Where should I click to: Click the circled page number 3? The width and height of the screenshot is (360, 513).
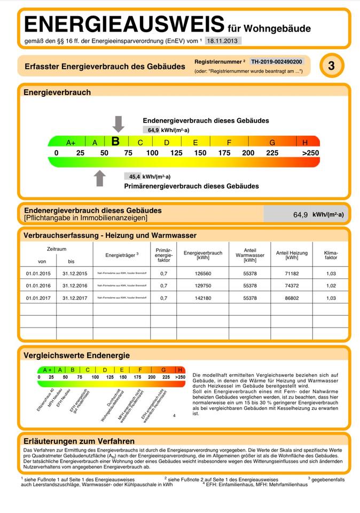pyautogui.click(x=332, y=66)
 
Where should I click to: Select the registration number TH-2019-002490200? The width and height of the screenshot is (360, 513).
pyautogui.click(x=277, y=61)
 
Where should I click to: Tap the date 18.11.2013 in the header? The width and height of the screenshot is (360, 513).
pyautogui.click(x=223, y=41)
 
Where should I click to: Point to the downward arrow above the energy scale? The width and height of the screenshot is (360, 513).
pyautogui.click(x=119, y=123)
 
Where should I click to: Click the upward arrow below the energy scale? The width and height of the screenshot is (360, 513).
pyautogui.click(x=100, y=178)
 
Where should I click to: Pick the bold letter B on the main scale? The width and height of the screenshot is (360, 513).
pyautogui.click(x=115, y=142)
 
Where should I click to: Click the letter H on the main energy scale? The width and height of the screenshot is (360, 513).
pyautogui.click(x=305, y=143)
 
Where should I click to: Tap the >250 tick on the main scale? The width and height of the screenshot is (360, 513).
pyautogui.click(x=310, y=153)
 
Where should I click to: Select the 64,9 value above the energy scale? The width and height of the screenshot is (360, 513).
pyautogui.click(x=153, y=130)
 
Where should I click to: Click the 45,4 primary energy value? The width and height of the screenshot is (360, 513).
pyautogui.click(x=135, y=176)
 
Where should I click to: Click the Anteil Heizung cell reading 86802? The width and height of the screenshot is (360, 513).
pyautogui.click(x=292, y=298)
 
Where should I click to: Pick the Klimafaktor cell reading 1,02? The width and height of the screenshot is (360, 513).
pyautogui.click(x=331, y=285)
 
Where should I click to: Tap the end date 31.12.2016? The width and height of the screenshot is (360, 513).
pyautogui.click(x=74, y=285)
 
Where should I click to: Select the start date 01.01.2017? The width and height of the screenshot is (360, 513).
pyautogui.click(x=38, y=298)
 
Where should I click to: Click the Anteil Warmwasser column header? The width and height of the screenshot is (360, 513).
pyautogui.click(x=250, y=255)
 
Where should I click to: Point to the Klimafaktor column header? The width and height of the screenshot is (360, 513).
pyautogui.click(x=331, y=255)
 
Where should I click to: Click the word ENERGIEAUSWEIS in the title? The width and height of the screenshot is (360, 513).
pyautogui.click(x=124, y=24)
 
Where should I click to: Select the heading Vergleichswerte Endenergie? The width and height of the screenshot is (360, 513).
pyautogui.click(x=76, y=355)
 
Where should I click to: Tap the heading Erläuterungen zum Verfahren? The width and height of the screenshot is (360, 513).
pyautogui.click(x=79, y=441)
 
